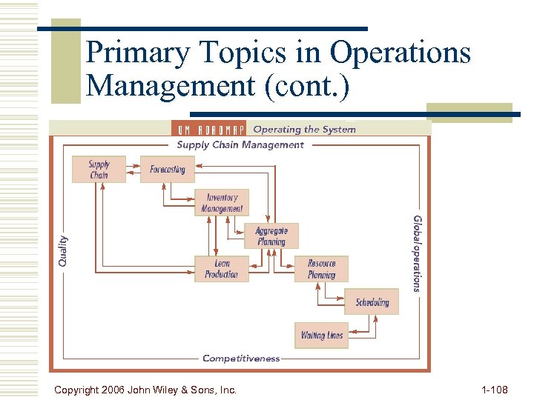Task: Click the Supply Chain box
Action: (x=99, y=170)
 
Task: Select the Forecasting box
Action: (x=167, y=170)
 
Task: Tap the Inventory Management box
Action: (x=222, y=203)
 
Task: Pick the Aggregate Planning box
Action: (x=271, y=236)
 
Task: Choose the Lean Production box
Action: (x=222, y=269)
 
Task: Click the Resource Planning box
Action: (x=322, y=269)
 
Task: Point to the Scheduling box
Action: (x=372, y=302)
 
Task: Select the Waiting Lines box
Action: (x=322, y=336)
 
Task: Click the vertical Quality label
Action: (x=63, y=250)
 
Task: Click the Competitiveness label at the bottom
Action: (x=241, y=359)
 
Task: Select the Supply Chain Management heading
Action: (x=240, y=145)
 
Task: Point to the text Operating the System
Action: (x=304, y=130)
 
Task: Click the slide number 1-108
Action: (x=495, y=389)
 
